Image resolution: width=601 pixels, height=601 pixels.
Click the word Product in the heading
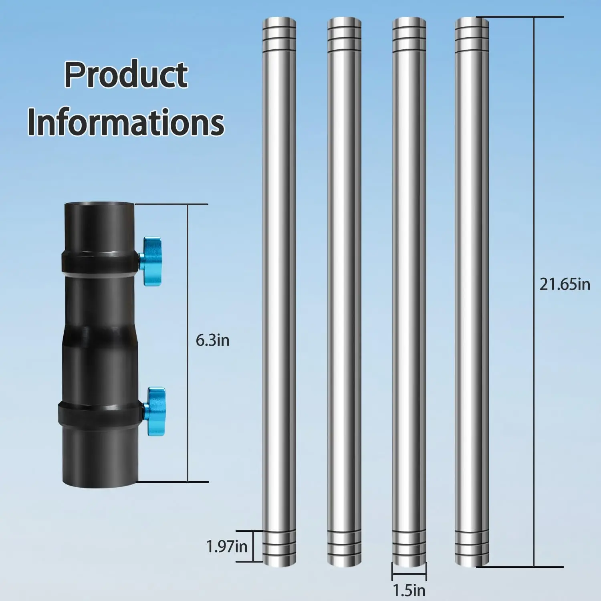pyautogui.click(x=126, y=75)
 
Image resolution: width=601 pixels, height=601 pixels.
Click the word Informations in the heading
pyautogui.click(x=126, y=123)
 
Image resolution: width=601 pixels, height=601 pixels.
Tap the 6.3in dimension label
pyautogui.click(x=212, y=341)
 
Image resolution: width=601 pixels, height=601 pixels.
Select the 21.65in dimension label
pyautogui.click(x=565, y=284)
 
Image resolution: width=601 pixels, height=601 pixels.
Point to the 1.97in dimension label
pyautogui.click(x=226, y=547)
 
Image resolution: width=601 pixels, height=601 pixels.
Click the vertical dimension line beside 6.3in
pyautogui.click(x=188, y=280)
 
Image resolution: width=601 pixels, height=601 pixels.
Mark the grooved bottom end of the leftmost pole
pyautogui.click(x=279, y=547)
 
